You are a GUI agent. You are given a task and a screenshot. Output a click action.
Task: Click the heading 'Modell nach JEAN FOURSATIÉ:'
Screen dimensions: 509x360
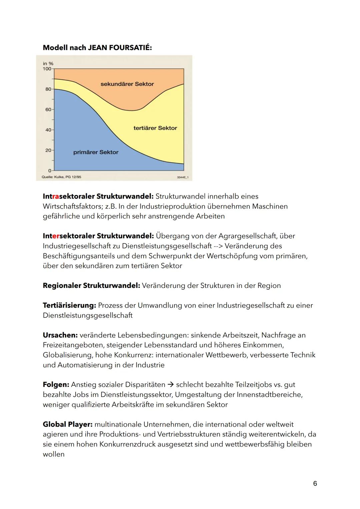point(97,48)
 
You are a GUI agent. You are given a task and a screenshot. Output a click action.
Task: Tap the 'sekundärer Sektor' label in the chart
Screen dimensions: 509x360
point(127,84)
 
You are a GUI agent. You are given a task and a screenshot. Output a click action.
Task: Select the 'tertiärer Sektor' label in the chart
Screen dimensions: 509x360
point(155,128)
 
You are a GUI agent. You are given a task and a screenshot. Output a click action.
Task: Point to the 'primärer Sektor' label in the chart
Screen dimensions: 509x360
point(96,152)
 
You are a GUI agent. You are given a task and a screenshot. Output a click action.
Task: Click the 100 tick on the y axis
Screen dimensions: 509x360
point(47,69)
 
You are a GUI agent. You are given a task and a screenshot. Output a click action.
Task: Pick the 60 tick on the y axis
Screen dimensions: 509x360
point(48,109)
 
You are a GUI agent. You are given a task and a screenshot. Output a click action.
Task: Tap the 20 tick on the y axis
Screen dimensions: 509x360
point(48,150)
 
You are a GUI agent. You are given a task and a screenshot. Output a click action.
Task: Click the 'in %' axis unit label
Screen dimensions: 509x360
point(48,63)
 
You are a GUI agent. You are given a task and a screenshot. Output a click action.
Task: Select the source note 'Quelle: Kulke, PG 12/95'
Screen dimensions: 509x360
point(61,177)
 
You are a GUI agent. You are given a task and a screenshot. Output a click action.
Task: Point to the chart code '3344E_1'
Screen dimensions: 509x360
point(183,177)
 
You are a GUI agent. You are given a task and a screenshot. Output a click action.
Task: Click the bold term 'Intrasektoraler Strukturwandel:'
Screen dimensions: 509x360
point(98,196)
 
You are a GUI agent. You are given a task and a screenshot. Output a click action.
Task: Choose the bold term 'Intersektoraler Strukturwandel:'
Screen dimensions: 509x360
point(98,236)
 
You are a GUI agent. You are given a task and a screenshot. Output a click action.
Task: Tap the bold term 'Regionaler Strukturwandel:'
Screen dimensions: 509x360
point(91,286)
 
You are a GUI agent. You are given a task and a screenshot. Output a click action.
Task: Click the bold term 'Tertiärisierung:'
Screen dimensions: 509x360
point(69,305)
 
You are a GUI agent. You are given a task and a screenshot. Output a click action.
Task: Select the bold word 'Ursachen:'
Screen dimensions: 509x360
point(60,335)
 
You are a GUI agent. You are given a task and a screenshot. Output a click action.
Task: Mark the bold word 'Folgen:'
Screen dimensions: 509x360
point(56,385)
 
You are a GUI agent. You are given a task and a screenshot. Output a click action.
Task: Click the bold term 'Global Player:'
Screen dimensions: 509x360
point(67,424)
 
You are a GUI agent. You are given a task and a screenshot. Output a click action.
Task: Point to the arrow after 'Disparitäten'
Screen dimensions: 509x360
point(171,385)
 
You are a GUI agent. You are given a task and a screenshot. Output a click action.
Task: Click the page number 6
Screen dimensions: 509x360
point(315,483)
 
